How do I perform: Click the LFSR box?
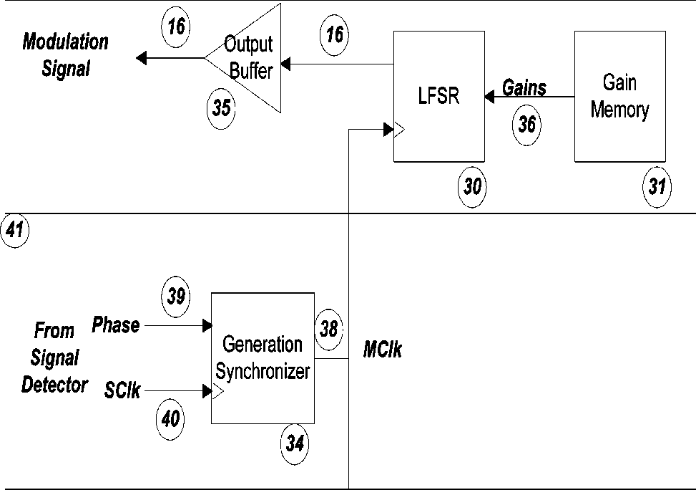click(x=439, y=96)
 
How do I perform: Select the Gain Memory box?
click(x=620, y=96)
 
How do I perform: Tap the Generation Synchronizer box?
click(x=263, y=358)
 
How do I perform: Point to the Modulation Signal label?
click(x=65, y=55)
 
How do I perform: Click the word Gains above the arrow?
click(x=524, y=87)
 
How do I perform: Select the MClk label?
click(x=383, y=349)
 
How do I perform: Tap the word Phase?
click(x=115, y=325)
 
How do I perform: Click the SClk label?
click(x=122, y=390)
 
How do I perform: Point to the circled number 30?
click(x=472, y=187)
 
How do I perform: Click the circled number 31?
click(x=657, y=187)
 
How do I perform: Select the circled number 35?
click(x=221, y=108)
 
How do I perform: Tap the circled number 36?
click(x=527, y=125)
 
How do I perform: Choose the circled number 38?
click(x=328, y=330)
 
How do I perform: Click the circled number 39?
click(x=176, y=296)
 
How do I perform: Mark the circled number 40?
click(x=170, y=419)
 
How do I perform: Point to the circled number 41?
click(x=15, y=231)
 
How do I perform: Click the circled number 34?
click(x=295, y=443)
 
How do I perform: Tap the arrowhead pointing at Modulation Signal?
click(x=141, y=58)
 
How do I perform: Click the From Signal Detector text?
click(x=54, y=358)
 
